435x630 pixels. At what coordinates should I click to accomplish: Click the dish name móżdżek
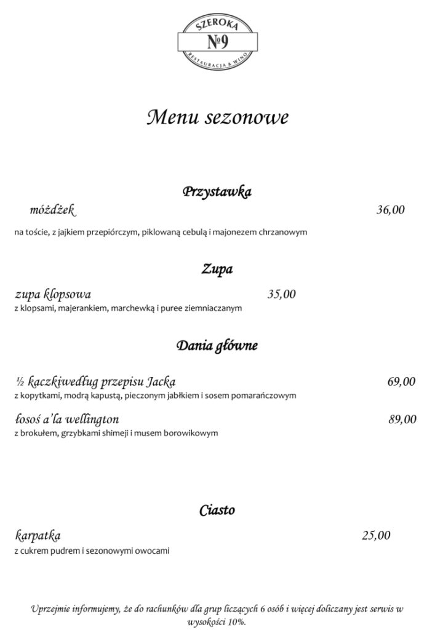(52, 210)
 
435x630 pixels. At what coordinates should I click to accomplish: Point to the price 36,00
(391, 210)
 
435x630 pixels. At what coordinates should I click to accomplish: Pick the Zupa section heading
(217, 269)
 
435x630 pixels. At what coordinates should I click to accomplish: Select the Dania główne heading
(217, 345)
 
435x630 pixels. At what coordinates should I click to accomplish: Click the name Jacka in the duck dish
(162, 381)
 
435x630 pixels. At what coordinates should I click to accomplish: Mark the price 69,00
(401, 381)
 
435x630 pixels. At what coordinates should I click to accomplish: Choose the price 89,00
(402, 420)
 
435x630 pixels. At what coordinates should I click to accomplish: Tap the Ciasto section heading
(217, 510)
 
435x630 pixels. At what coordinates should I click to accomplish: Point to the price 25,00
(376, 536)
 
